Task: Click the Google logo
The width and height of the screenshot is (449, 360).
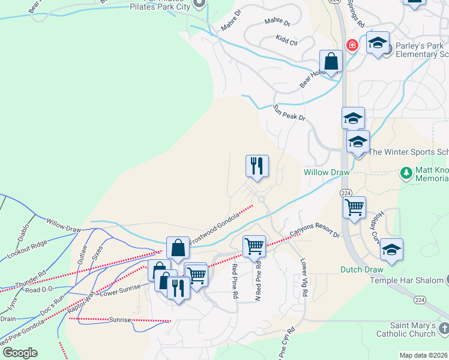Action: [20, 353]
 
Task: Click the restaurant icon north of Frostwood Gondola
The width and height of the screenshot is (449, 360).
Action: [258, 166]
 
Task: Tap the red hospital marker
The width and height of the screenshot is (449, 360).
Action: [351, 45]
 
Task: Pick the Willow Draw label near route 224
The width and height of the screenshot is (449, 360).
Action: [327, 172]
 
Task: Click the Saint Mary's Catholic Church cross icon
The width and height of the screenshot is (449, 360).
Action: [443, 328]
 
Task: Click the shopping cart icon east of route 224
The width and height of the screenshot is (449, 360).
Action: [354, 207]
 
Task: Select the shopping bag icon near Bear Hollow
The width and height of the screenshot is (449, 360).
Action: [331, 61]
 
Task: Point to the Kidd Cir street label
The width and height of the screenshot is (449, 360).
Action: [286, 40]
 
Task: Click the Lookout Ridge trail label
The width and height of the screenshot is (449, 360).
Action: [26, 248]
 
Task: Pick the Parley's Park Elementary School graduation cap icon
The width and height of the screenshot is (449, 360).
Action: [378, 43]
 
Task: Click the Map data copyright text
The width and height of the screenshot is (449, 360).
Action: [423, 355]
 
